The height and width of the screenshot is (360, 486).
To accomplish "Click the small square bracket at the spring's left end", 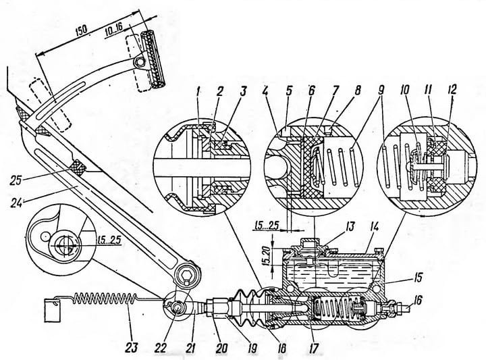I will [48, 313].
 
